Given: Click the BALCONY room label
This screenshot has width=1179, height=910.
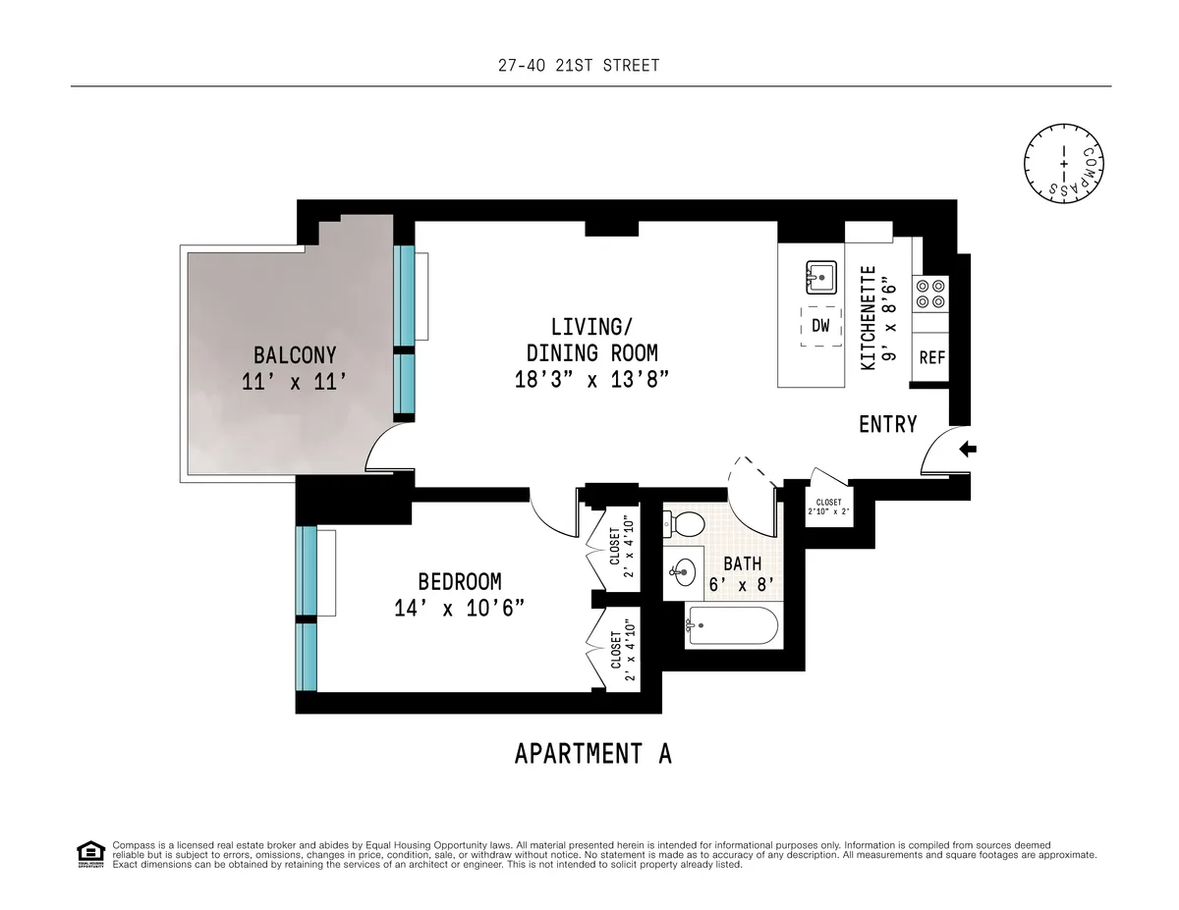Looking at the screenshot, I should point(295,355).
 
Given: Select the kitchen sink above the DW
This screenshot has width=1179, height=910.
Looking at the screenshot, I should point(820,278).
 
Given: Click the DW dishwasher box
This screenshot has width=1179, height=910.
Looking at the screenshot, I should point(820,327).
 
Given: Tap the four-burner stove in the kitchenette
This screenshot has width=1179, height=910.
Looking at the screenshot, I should point(929,292).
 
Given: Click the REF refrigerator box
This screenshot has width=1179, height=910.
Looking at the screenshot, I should point(931,358).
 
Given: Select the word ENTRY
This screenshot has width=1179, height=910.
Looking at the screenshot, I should point(887,424).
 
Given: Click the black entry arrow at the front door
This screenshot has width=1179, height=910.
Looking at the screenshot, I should point(967,450).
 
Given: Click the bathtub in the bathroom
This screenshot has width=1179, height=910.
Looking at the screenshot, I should point(731,624).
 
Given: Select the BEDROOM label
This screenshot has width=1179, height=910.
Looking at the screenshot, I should point(459,581).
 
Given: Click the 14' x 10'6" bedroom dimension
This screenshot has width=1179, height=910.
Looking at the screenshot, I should point(459,609).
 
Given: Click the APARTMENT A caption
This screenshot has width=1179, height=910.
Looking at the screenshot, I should point(592,754).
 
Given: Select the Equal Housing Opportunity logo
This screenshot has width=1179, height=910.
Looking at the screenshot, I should point(89,854).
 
